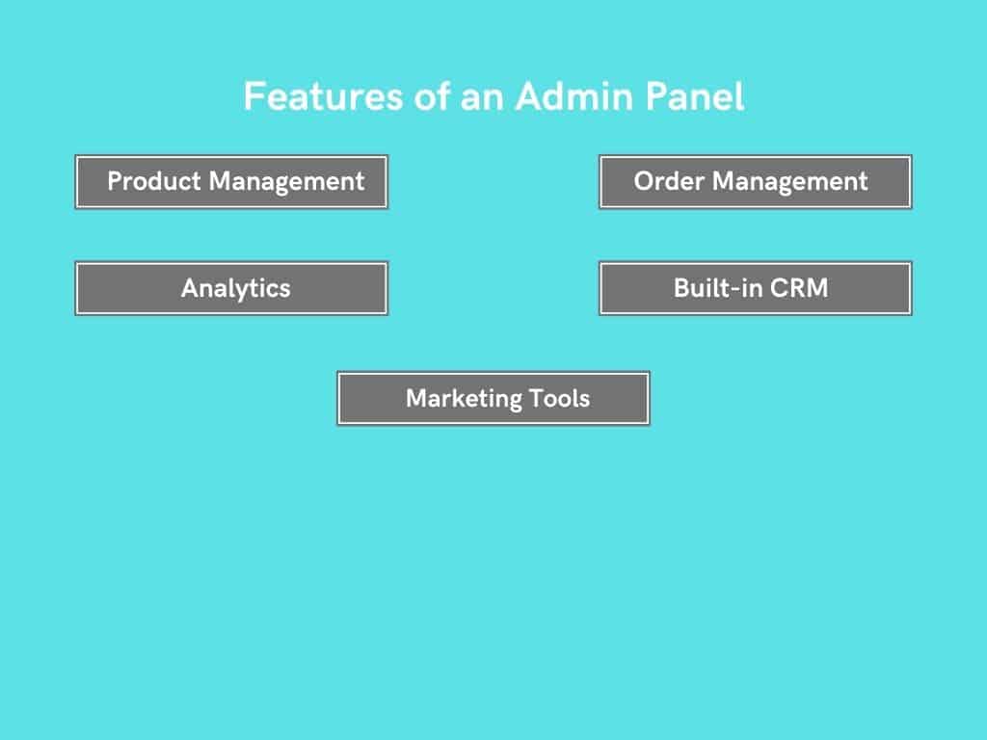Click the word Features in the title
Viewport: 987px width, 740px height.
[x=323, y=96]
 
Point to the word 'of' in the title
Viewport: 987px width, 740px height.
[x=432, y=96]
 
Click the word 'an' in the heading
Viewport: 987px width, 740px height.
[x=482, y=100]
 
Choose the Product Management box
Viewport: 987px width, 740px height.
[x=231, y=182]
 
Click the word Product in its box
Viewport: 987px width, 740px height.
[x=154, y=181]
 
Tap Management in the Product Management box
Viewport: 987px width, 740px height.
[x=286, y=182]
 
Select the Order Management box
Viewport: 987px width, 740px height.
[x=756, y=182]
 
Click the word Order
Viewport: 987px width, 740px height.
[x=669, y=181]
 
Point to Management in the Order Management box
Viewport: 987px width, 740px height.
[x=790, y=182]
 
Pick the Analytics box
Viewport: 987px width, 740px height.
[x=231, y=288]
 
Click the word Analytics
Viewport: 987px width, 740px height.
[x=236, y=289]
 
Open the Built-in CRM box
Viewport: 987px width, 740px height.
[x=756, y=288]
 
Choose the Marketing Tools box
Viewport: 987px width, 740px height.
[x=493, y=398]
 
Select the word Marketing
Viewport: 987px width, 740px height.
[x=464, y=399]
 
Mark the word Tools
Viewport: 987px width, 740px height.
[x=560, y=398]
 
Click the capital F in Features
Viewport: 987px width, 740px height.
[x=253, y=96]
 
